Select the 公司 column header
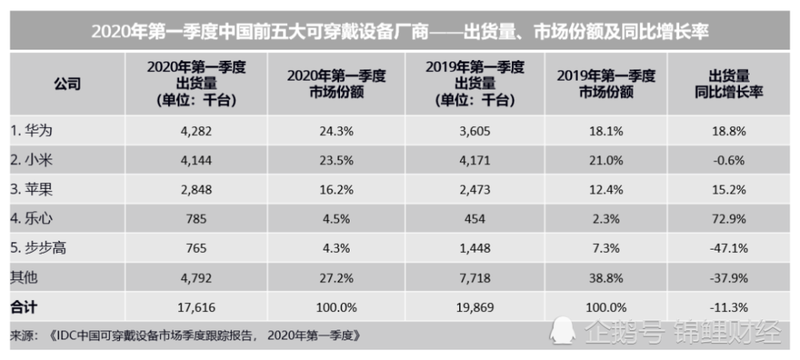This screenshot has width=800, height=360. click(x=67, y=84)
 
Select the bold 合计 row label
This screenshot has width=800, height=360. click(x=23, y=307)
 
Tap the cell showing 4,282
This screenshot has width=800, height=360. click(x=195, y=130)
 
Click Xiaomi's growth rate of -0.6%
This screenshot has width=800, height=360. click(x=728, y=159)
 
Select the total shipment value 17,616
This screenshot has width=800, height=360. click(x=195, y=307)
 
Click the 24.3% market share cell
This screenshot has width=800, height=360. click(x=336, y=130)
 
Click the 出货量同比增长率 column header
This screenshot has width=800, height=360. click(x=728, y=84)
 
